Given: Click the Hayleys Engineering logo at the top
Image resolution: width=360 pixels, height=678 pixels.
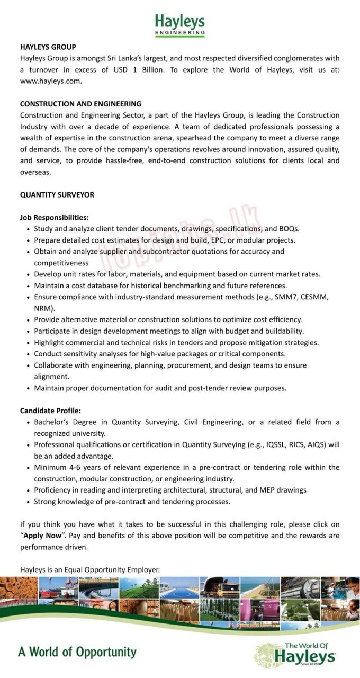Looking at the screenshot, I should tap(179, 24).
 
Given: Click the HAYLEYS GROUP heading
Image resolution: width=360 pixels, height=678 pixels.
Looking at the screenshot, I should tap(48, 47).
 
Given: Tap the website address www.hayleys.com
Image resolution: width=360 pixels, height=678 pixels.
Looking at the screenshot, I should tap(51, 81).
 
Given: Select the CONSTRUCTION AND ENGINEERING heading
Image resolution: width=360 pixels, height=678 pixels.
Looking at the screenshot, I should tap(80, 104).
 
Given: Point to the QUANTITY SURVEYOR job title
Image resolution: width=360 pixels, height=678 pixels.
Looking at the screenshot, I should tap(57, 195).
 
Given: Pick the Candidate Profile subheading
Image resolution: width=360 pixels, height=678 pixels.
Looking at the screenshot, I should tap(51, 411).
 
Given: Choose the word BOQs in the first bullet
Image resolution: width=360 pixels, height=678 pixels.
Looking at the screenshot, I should tap(289, 229).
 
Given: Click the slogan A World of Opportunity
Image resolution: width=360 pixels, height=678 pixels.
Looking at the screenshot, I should tap(77, 652).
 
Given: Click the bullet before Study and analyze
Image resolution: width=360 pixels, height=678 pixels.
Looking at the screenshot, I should tap(28, 229).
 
